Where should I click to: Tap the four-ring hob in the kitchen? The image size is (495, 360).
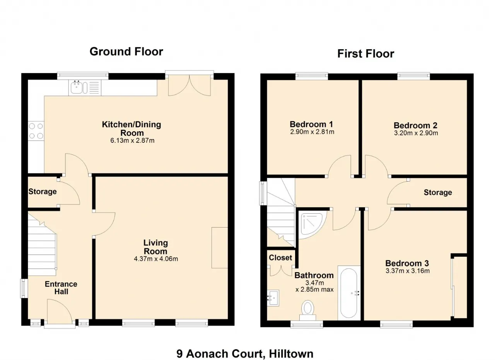pos(36,131)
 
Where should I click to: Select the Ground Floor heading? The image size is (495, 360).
pos(126,51)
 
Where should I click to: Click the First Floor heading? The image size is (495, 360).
pos(365,54)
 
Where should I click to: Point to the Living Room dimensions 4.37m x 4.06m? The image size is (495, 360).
pos(156,259)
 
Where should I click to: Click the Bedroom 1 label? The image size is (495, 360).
pos(311,124)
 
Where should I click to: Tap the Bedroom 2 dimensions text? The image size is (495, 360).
pos(416,133)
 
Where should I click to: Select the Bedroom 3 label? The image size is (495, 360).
pos(407,263)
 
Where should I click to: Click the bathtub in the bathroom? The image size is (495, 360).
pos(348,293)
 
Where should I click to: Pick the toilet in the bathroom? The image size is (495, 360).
pos(307,310)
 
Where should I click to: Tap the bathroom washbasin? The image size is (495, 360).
pos(273,298)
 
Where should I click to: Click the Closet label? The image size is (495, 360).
pos(280,258)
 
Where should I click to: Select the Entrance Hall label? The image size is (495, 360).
pos(61,288)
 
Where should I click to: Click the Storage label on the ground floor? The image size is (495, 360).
pos(43,192)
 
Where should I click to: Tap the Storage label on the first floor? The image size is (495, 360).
pos(438,192)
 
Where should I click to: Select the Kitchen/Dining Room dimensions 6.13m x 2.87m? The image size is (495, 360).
pos(132,141)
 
